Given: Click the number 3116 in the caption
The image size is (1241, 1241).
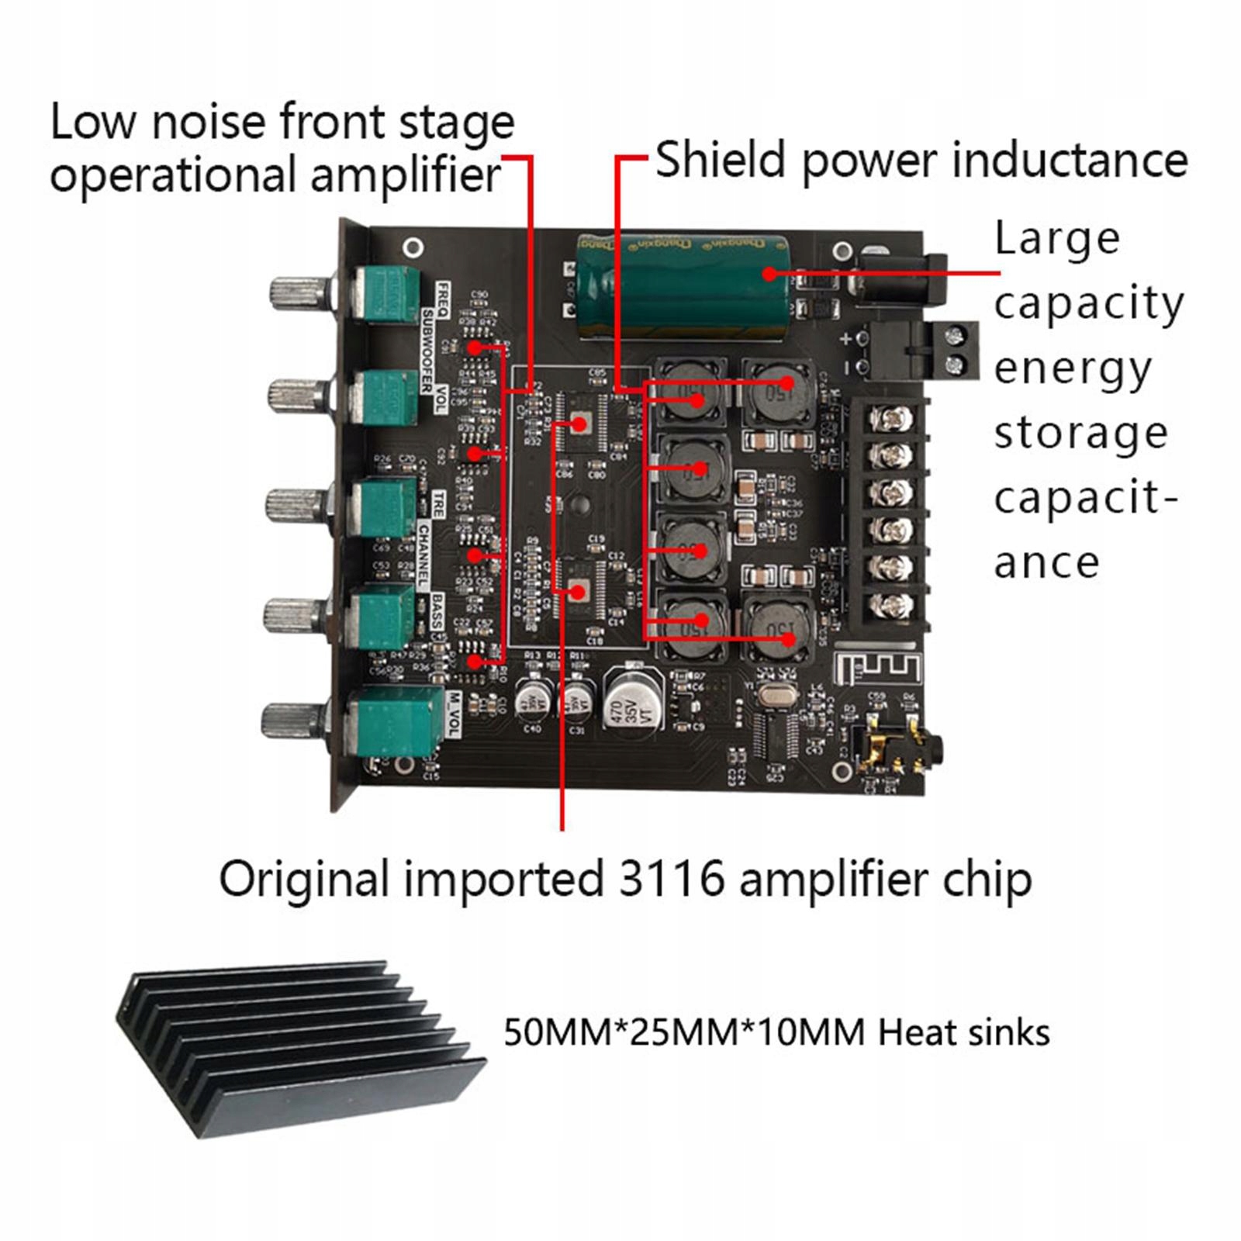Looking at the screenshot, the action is [x=672, y=880].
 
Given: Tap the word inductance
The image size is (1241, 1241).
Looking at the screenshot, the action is [x=1070, y=161].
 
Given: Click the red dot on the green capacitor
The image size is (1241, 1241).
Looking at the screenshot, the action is [x=769, y=273].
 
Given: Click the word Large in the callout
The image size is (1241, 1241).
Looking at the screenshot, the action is [x=1056, y=239].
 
